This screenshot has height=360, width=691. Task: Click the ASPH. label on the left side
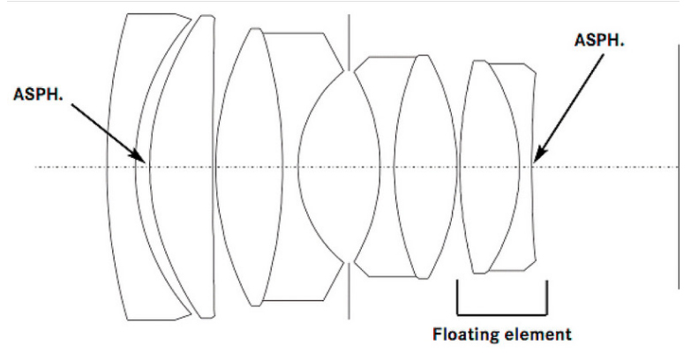[38, 94]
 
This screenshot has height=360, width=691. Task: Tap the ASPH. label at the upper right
[599, 40]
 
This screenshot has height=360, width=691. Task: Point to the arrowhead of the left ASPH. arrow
[139, 155]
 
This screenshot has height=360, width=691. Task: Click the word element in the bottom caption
[537, 334]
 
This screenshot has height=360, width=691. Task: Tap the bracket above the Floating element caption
[502, 315]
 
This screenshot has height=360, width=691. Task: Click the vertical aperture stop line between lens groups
[349, 167]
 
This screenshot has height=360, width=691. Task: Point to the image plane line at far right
[679, 167]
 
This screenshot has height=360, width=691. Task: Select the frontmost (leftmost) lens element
[121, 167]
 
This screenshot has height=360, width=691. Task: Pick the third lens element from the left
[249, 167]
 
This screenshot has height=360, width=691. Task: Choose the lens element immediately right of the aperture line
[366, 167]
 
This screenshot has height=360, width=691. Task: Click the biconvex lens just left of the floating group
[425, 167]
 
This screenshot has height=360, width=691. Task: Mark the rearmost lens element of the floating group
[527, 167]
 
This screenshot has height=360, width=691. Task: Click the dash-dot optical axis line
[357, 167]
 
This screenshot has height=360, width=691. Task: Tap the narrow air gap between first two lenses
[142, 167]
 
